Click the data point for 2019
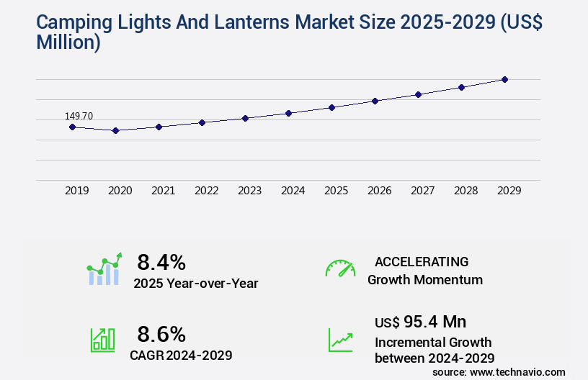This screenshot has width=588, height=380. pyautogui.click(x=72, y=127)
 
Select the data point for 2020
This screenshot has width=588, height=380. pyautogui.click(x=115, y=130)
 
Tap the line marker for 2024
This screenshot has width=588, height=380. pyautogui.click(x=288, y=113)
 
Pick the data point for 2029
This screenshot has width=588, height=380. pyautogui.click(x=504, y=79)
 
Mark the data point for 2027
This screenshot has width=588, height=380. pyautogui.click(x=418, y=94)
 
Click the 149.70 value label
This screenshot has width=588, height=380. pyautogui.click(x=79, y=116)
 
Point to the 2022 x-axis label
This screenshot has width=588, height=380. pyautogui.click(x=206, y=191)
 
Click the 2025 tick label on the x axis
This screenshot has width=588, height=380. pyautogui.click(x=336, y=191)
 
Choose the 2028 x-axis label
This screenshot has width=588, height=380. pyautogui.click(x=465, y=191)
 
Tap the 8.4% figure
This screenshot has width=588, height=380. pyautogui.click(x=161, y=261)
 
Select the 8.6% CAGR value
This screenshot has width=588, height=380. pyautogui.click(x=161, y=334)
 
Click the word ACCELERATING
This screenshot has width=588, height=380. pyautogui.click(x=422, y=261)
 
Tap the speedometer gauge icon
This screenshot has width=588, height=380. pyautogui.click(x=340, y=268)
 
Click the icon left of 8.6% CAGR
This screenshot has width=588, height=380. pyautogui.click(x=102, y=340)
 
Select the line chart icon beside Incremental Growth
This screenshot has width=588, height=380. pyautogui.click(x=340, y=340)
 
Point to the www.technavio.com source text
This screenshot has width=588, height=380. pyautogui.click(x=517, y=371)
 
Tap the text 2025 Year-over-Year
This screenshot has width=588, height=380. pyautogui.click(x=195, y=284)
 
